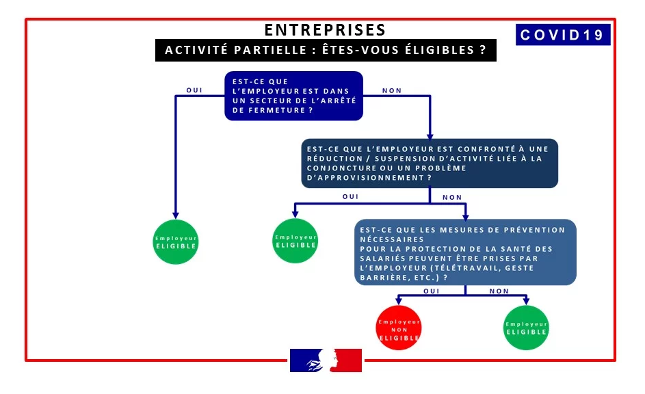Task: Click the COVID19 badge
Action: (x=562, y=35)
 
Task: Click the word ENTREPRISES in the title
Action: (x=325, y=30)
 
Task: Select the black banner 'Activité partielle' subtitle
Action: (x=326, y=51)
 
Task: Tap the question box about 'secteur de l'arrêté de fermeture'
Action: (x=293, y=96)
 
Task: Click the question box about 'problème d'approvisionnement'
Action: (x=429, y=163)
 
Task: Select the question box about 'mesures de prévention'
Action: (x=465, y=252)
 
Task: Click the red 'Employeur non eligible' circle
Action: (x=399, y=328)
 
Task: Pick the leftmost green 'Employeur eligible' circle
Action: (x=176, y=241)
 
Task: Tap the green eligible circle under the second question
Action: (x=295, y=241)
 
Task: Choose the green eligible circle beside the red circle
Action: (x=526, y=328)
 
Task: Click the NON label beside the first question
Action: (x=392, y=90)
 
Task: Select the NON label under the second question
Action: (x=452, y=197)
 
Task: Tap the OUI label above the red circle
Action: (x=432, y=291)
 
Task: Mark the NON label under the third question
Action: (x=499, y=291)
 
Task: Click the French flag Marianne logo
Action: (x=326, y=360)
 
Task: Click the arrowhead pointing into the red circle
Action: (x=399, y=300)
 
